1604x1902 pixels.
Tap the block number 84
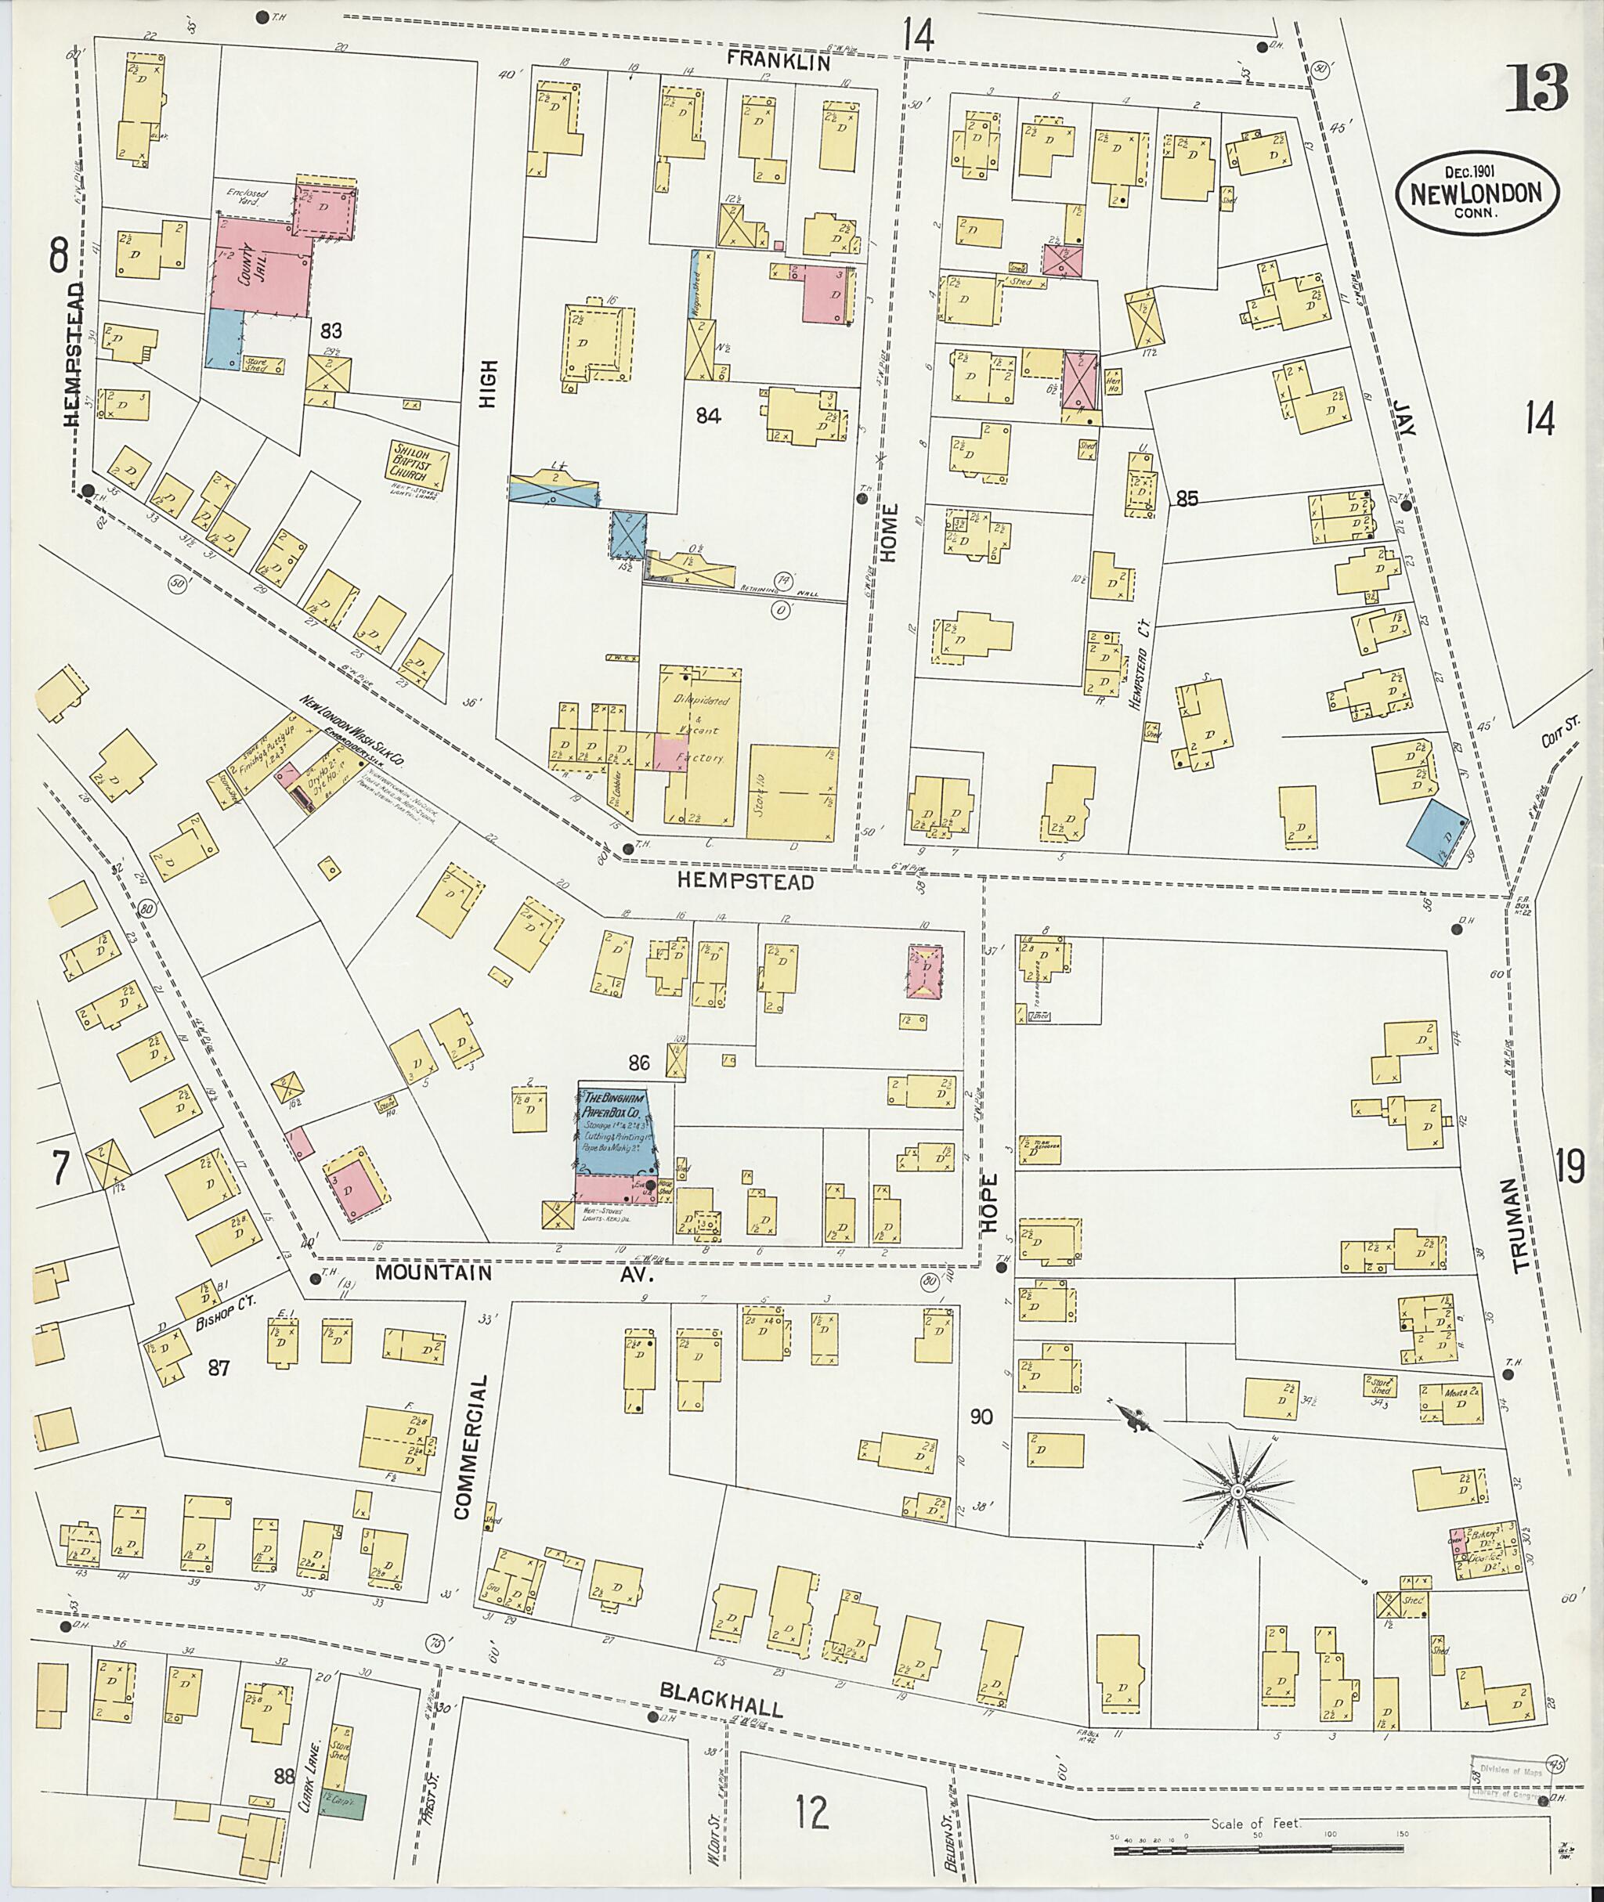707,417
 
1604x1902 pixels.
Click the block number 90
981,1417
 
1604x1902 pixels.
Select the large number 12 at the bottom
812,1788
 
